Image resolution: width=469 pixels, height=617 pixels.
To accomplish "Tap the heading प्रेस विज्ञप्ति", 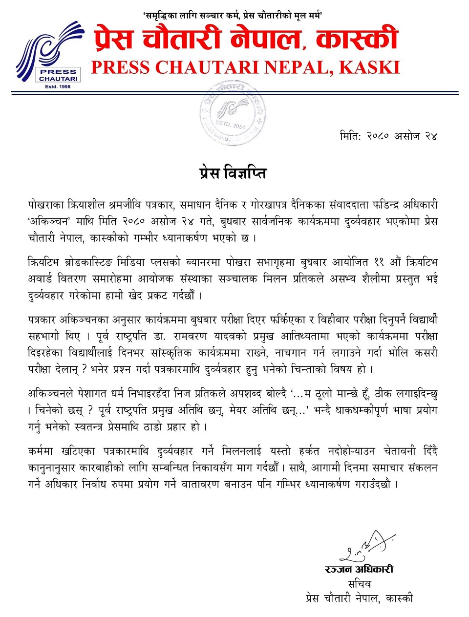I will [233, 173].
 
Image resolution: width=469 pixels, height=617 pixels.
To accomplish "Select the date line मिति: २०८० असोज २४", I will [388, 136].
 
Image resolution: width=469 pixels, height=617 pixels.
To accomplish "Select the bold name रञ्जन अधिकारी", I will [359, 569].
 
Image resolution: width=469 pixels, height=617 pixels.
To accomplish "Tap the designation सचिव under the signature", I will [359, 584].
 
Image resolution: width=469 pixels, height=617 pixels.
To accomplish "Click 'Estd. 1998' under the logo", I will [58, 86].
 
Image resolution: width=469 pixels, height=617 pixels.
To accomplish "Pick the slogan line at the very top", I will [233, 16].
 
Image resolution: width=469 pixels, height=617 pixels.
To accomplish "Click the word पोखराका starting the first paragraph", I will [45, 204].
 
